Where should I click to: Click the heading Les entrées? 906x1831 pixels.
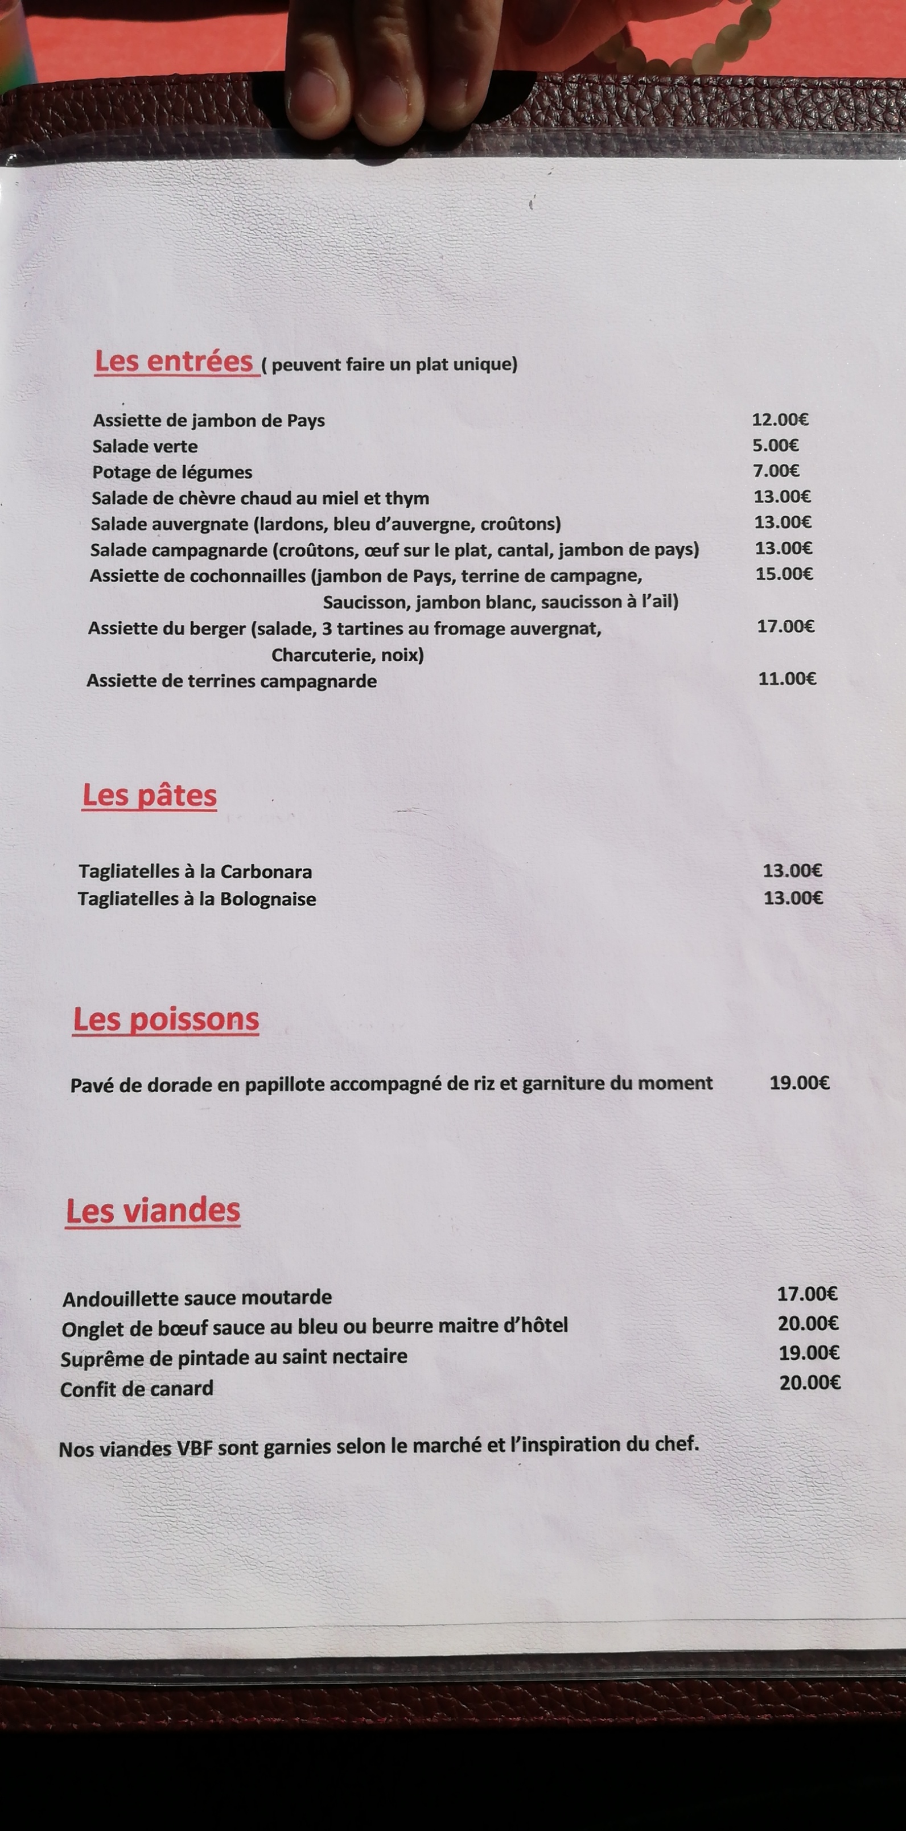tap(174, 362)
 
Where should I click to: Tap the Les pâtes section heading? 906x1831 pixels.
tap(149, 795)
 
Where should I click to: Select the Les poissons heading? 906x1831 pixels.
tap(166, 1019)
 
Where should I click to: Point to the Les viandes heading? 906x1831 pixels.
tap(153, 1211)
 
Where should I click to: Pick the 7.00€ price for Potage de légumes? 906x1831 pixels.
tap(776, 471)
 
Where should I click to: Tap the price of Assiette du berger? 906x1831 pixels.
tap(785, 626)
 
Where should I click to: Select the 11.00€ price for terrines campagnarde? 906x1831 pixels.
tap(786, 679)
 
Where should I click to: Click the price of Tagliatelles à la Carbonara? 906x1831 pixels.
tap(792, 871)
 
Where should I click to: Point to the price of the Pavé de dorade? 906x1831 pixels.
tap(800, 1083)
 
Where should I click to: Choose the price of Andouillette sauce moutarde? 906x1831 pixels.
tap(807, 1294)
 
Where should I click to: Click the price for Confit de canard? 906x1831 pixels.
tap(809, 1382)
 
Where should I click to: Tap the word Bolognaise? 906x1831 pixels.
tap(268, 899)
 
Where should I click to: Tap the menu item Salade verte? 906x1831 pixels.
tap(145, 446)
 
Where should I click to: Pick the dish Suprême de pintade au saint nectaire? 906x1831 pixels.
tap(234, 1357)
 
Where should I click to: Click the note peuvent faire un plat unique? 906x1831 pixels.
tap(390, 365)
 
